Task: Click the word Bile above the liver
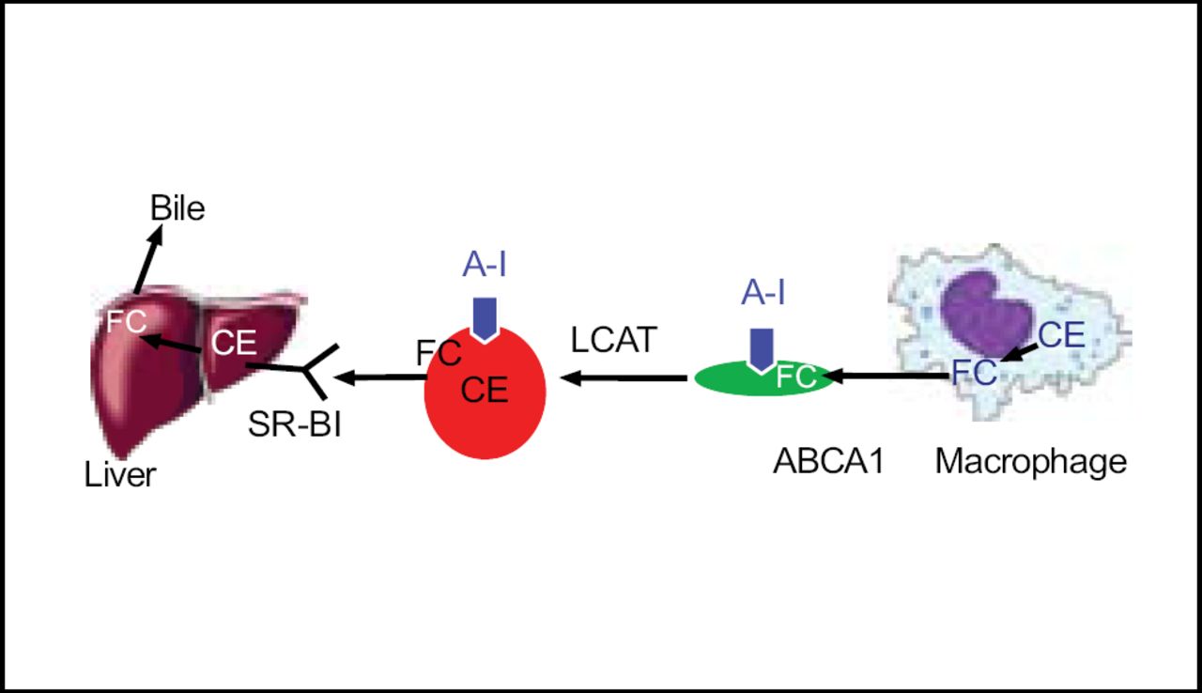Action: click(x=177, y=208)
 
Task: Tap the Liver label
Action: click(x=120, y=474)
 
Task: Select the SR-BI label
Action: click(x=295, y=423)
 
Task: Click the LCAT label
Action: click(x=613, y=340)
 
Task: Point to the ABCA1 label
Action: click(x=828, y=462)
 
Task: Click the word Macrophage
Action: click(x=1030, y=461)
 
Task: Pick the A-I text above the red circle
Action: click(x=485, y=266)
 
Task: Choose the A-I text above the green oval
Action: click(x=763, y=295)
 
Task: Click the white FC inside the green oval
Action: click(x=795, y=377)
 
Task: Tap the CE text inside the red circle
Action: click(x=485, y=389)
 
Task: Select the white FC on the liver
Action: click(x=126, y=321)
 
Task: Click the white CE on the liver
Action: click(x=234, y=343)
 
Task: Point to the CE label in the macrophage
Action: click(x=1061, y=335)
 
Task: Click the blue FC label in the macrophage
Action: click(x=974, y=372)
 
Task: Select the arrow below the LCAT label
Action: click(x=624, y=378)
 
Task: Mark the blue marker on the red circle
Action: click(x=485, y=318)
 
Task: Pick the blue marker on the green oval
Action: click(x=763, y=346)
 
